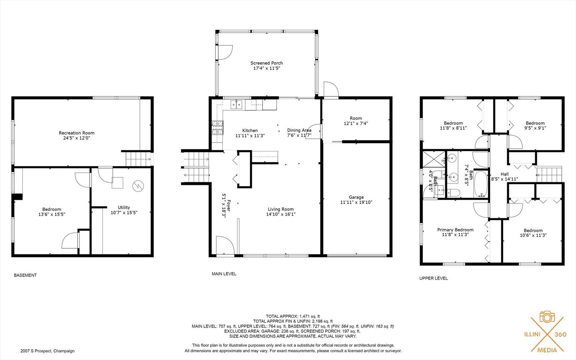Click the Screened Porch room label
267,63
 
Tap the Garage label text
356,197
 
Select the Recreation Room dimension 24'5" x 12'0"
77,138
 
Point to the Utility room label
124,207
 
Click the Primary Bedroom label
455,230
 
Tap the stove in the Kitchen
217,128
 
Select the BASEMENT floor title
25,275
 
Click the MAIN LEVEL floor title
224,274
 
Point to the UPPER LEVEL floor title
433,278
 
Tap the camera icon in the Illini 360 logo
547,317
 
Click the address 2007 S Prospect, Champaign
48,351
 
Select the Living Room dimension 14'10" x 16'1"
281,214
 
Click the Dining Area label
299,130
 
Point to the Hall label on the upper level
504,174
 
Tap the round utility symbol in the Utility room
138,186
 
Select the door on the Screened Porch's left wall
224,52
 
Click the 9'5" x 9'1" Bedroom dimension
535,128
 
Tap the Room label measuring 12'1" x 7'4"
356,118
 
